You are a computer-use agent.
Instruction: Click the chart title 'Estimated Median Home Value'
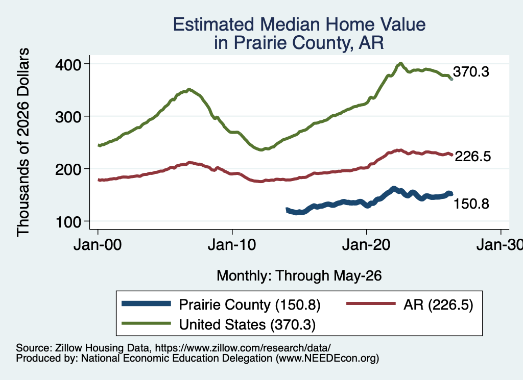coord(299,24)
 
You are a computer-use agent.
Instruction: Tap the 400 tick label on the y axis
coord(68,65)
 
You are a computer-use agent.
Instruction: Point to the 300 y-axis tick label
coord(68,117)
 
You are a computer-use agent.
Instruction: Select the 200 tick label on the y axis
coord(68,169)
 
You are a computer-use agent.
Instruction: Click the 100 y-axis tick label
coord(68,222)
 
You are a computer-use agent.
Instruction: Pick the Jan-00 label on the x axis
coord(98,245)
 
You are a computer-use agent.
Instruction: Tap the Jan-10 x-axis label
coord(232,245)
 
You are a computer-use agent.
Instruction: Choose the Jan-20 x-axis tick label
coord(366,245)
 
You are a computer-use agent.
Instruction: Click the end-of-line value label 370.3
coord(471,71)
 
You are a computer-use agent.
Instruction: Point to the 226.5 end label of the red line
coord(473,156)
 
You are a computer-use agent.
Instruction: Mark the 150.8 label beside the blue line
coord(471,204)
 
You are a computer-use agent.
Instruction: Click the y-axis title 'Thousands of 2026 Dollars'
coord(23,142)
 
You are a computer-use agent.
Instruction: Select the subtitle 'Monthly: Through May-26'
coord(299,276)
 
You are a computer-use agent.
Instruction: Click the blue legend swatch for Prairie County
coord(146,303)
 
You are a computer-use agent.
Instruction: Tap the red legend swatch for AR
coord(371,303)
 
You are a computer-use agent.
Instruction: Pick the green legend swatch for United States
coord(146,323)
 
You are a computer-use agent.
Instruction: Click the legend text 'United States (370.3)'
coord(247,325)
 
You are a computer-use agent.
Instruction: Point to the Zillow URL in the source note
coord(243,348)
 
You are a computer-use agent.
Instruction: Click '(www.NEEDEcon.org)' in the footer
coord(327,359)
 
